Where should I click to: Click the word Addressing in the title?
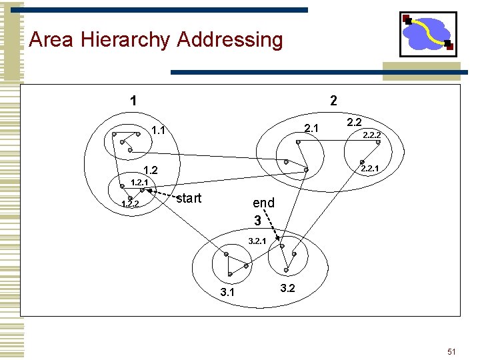click(230, 40)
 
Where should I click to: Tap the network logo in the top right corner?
click(427, 34)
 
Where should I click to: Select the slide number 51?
click(451, 351)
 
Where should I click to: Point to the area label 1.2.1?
click(139, 182)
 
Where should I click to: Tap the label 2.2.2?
click(371, 135)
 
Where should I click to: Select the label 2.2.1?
click(370, 169)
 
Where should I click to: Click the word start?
click(189, 197)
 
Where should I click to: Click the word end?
click(263, 203)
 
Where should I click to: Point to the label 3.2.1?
click(257, 240)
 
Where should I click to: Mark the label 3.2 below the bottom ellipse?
click(287, 289)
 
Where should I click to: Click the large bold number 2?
click(333, 101)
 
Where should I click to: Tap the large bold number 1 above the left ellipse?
click(134, 101)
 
